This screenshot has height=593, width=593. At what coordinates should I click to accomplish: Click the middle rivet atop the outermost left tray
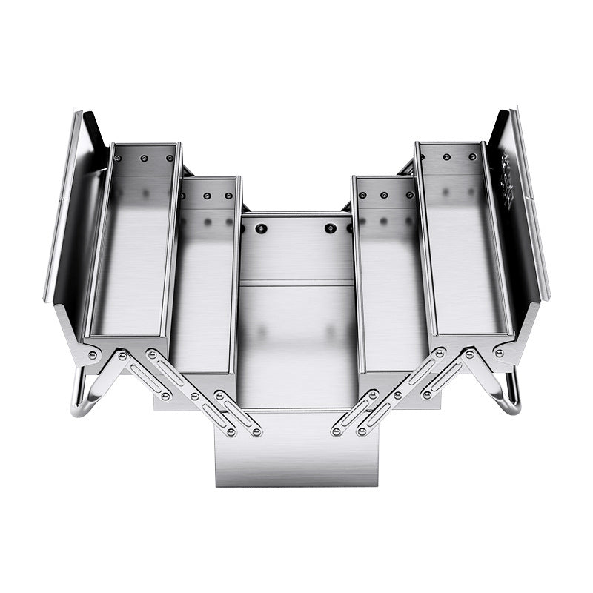coord(146,157)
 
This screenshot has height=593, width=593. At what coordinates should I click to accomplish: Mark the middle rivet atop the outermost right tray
coord(447,157)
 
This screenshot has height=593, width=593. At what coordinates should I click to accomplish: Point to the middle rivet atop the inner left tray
coord(208,196)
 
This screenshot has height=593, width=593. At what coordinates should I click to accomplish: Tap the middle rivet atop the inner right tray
coord(385,196)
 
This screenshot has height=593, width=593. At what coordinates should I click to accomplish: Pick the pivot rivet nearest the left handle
coord(93,356)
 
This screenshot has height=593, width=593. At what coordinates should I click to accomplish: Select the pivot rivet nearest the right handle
coord(500,354)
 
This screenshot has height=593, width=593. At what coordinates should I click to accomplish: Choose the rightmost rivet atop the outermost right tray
coord(471,157)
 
